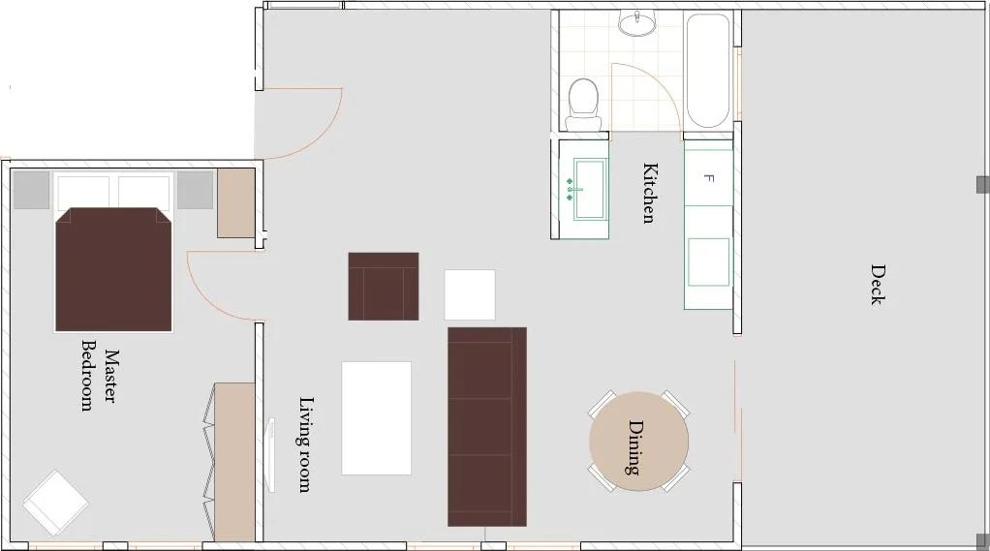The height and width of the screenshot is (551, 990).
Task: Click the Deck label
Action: pos(878,285)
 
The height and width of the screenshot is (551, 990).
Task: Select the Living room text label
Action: pos(305,444)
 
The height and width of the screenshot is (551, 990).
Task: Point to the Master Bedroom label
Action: pos(101,376)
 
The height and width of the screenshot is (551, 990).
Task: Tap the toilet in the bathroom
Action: pos(583,105)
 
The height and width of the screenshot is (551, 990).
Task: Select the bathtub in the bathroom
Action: pos(708,71)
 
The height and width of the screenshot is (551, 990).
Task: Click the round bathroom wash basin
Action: pos(637,24)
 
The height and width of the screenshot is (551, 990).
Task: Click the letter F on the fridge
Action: pos(708,178)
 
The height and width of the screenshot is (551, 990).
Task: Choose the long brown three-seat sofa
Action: pos(487,427)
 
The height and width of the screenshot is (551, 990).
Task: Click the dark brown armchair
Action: pos(384,287)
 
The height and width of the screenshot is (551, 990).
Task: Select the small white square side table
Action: pos(470,294)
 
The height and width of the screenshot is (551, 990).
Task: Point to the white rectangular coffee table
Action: pos(376,417)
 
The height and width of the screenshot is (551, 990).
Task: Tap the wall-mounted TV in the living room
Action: pos(271,454)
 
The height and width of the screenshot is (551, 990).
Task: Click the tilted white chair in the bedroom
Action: pos(55,503)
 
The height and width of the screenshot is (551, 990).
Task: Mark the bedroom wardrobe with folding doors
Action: pos(230,462)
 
